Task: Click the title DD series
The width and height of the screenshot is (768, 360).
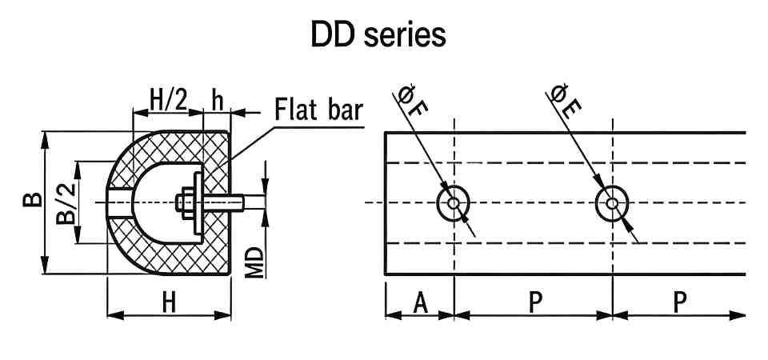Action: (378, 35)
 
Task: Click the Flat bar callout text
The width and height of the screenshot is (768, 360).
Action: (319, 109)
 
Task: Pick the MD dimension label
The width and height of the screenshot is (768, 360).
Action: (254, 261)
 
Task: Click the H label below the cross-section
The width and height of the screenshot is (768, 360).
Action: (169, 302)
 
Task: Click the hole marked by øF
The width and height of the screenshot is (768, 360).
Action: (454, 203)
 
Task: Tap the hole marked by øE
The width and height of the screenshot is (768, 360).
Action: (612, 203)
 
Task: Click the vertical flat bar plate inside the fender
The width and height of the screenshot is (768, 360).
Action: (198, 204)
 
